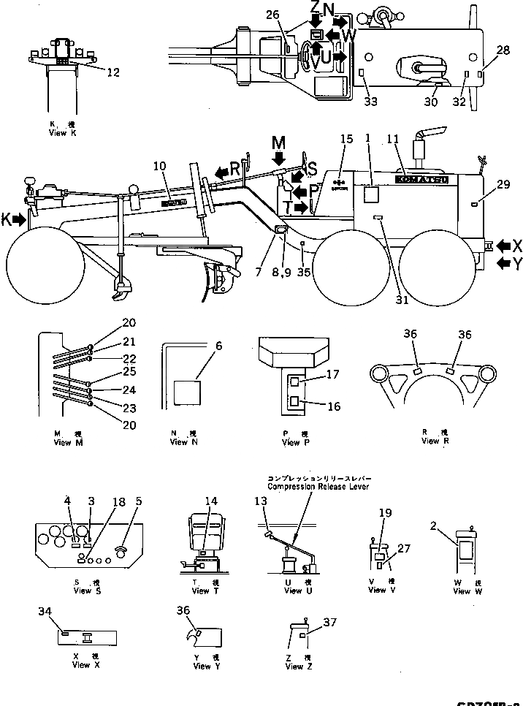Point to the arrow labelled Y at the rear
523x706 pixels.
503,264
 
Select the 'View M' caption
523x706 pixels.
63,442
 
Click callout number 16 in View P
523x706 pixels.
333,406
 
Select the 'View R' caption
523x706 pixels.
430,441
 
